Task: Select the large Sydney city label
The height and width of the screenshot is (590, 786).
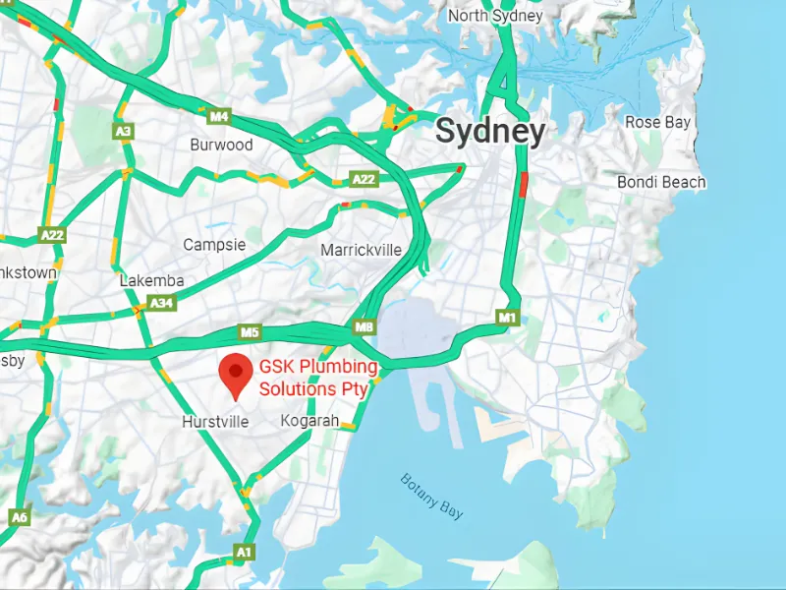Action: pyautogui.click(x=489, y=132)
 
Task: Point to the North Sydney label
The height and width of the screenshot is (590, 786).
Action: pyautogui.click(x=495, y=16)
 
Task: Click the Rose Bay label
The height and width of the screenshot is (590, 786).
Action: pyautogui.click(x=657, y=122)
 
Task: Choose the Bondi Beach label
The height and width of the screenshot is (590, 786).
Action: pyautogui.click(x=661, y=182)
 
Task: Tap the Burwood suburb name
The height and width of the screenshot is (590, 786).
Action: pyautogui.click(x=221, y=145)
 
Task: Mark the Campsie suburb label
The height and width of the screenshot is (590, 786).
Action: pyautogui.click(x=214, y=244)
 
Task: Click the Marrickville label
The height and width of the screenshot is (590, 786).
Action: pyautogui.click(x=361, y=250)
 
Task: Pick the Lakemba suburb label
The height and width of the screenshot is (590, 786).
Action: pyautogui.click(x=151, y=280)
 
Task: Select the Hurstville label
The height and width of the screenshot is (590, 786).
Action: pyautogui.click(x=215, y=422)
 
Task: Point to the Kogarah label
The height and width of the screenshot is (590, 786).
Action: pyautogui.click(x=309, y=421)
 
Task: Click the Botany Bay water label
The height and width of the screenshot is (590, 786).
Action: pyautogui.click(x=432, y=496)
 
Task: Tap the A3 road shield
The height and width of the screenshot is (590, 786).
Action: pyautogui.click(x=123, y=131)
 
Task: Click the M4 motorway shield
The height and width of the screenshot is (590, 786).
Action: pyautogui.click(x=219, y=117)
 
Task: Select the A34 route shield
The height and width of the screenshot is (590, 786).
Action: pyautogui.click(x=161, y=304)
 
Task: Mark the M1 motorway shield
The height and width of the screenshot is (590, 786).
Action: pyautogui.click(x=507, y=318)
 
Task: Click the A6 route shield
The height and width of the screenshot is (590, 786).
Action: pyautogui.click(x=20, y=516)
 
